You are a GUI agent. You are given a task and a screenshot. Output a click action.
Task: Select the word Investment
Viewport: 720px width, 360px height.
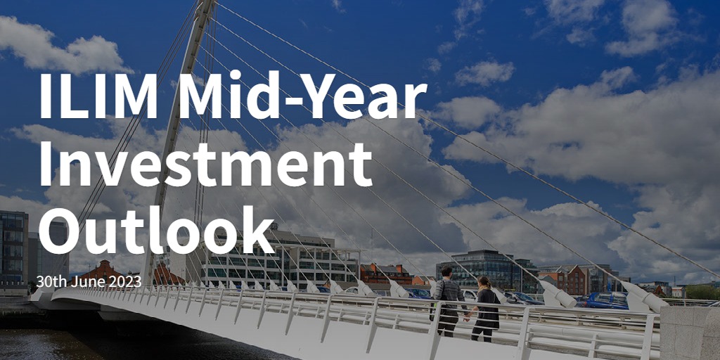205,164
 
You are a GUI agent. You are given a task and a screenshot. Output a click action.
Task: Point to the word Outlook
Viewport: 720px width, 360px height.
157,230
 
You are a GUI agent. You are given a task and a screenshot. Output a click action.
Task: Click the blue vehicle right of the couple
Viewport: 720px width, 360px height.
606,300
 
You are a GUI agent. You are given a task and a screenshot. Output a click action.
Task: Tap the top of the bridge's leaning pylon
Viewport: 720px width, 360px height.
207,3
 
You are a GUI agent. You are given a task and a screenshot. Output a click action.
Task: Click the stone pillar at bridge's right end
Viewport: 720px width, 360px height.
690,333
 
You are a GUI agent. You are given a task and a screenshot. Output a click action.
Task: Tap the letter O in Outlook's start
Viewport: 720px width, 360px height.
60,231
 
